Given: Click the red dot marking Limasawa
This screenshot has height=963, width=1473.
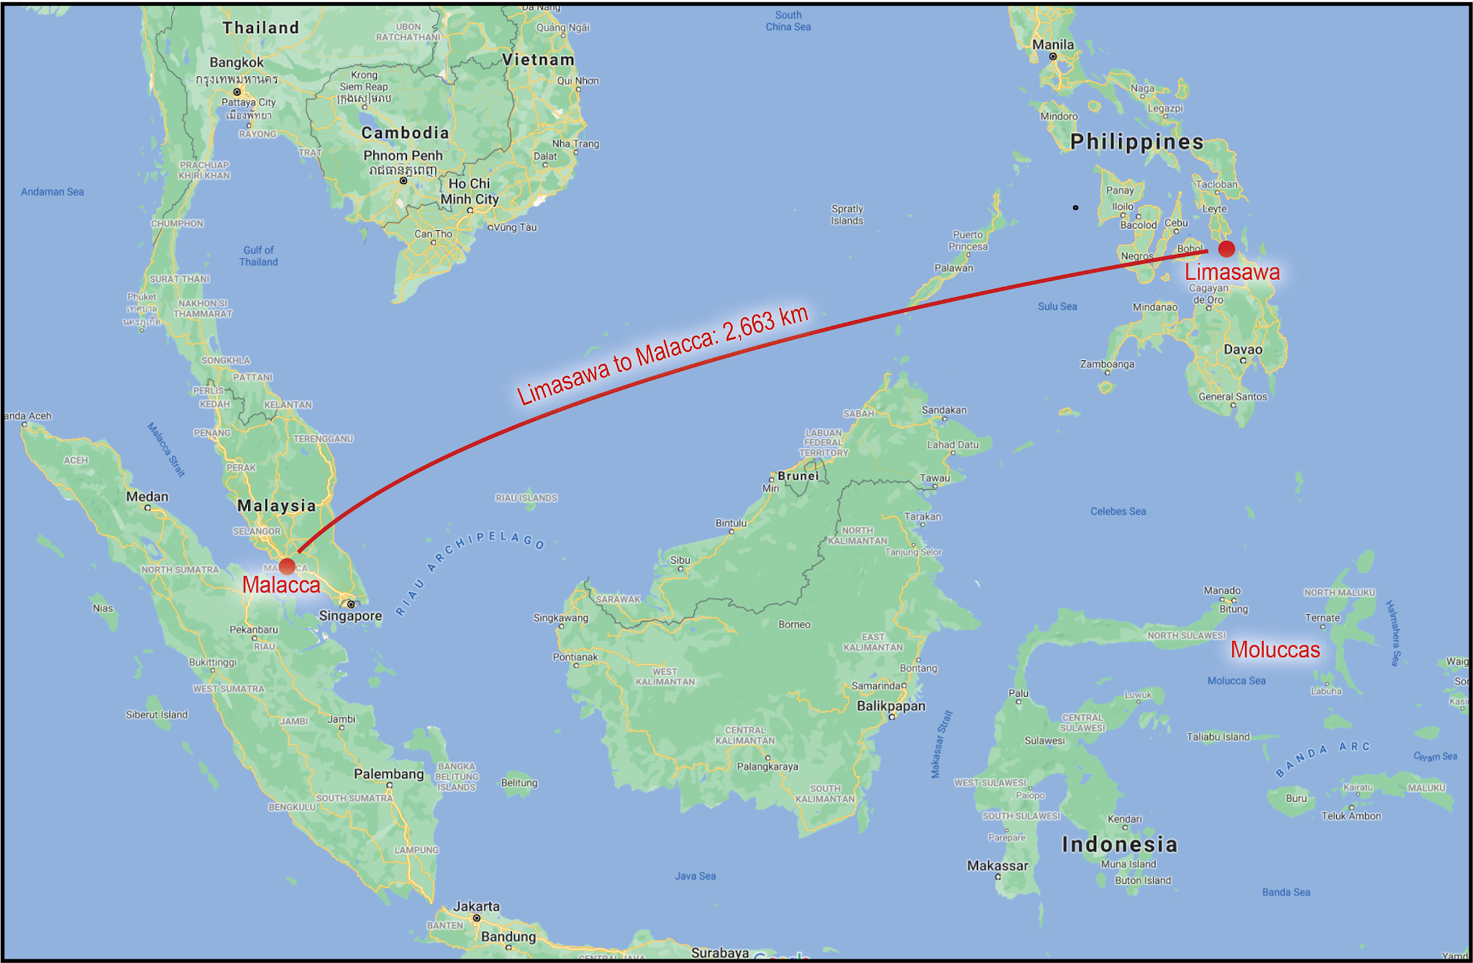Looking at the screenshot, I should pyautogui.click(x=1226, y=249).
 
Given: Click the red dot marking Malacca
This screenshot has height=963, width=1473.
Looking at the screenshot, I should pyautogui.click(x=287, y=566).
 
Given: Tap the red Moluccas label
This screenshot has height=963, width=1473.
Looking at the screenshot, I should pyautogui.click(x=1275, y=649).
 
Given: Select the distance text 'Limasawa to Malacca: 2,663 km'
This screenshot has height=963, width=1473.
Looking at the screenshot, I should pyautogui.click(x=662, y=355).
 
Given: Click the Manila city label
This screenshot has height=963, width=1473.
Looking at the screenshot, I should pyautogui.click(x=1053, y=45).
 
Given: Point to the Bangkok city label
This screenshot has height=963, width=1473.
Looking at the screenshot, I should pyautogui.click(x=237, y=63).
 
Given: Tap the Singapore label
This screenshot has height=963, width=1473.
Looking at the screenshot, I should pyautogui.click(x=350, y=616).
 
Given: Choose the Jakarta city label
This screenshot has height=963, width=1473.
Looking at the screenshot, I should pyautogui.click(x=476, y=906).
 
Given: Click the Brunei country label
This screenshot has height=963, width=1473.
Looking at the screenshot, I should pyautogui.click(x=798, y=475).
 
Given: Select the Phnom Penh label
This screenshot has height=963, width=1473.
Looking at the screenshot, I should pyautogui.click(x=403, y=155).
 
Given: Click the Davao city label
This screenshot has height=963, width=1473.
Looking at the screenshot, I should pyautogui.click(x=1243, y=350).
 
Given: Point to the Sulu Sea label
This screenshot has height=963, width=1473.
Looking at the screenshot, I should pyautogui.click(x=1057, y=306).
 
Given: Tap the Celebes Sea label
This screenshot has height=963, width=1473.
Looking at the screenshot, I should pyautogui.click(x=1118, y=511).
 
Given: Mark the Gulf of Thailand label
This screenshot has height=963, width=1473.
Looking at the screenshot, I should pyautogui.click(x=258, y=256).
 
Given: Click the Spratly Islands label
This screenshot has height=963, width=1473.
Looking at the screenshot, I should pyautogui.click(x=847, y=214).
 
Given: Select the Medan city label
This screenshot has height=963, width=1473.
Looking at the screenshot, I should pyautogui.click(x=147, y=496).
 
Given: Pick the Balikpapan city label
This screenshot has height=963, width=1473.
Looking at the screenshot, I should pyautogui.click(x=890, y=706).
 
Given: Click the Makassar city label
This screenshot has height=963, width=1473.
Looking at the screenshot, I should pyautogui.click(x=998, y=866).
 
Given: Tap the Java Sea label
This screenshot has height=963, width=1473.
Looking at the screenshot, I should pyautogui.click(x=695, y=876).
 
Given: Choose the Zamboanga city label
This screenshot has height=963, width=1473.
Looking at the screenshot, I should pyautogui.click(x=1107, y=364).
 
